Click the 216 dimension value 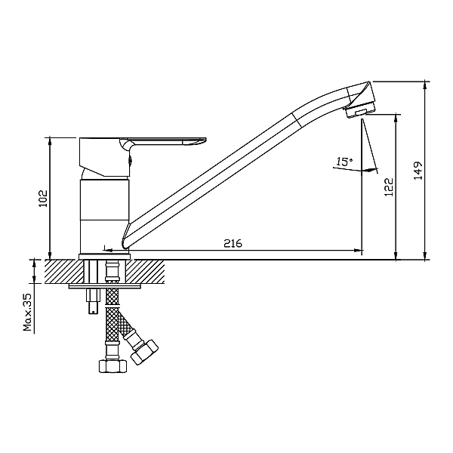coord(233,243)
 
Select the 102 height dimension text coord(43,198)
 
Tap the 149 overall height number coord(418,171)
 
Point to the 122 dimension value coord(389,187)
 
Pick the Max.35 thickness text coord(28,312)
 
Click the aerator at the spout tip coord(360,110)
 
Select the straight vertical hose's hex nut coord(112,365)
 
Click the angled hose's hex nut coord(144,352)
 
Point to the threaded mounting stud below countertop coord(93,301)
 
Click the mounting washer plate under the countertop coord(105,286)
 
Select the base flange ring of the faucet coord(105,257)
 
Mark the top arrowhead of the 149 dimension coord(424,86)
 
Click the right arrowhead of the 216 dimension coord(357,250)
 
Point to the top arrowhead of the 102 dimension coord(50,143)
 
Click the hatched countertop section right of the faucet coord(145,272)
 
